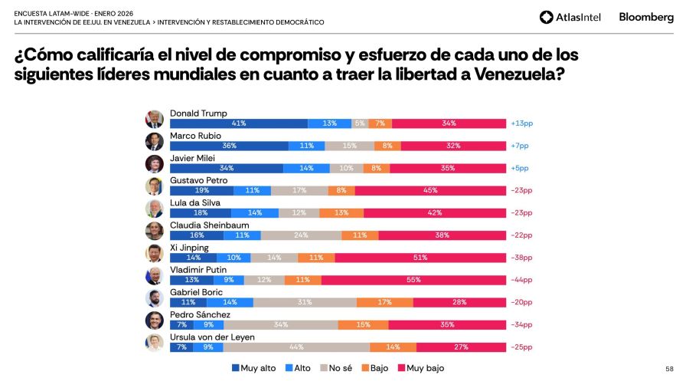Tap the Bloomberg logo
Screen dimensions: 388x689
(x=646, y=17)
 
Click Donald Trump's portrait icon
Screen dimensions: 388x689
(x=155, y=119)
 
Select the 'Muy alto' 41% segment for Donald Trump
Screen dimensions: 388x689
(x=238, y=123)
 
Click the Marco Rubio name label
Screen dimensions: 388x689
(x=195, y=136)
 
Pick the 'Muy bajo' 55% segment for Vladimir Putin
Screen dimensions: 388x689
(x=413, y=280)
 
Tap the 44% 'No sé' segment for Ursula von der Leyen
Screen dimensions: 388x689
(x=296, y=347)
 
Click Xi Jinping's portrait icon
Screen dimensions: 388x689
(x=155, y=253)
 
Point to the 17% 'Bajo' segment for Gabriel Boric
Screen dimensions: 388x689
(x=385, y=302)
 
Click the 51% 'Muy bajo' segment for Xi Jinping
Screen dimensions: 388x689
(x=420, y=258)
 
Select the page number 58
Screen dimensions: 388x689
(x=669, y=369)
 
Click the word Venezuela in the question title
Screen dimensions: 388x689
(x=518, y=74)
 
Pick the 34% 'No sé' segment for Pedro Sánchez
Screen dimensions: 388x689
(x=281, y=325)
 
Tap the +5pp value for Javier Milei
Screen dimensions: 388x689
(x=520, y=168)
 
